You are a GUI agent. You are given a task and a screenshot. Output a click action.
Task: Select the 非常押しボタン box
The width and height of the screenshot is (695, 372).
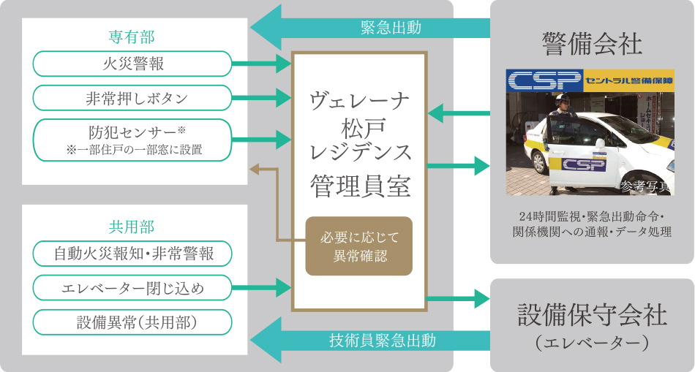132,98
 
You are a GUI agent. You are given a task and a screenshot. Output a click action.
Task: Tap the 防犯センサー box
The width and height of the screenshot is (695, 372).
132,139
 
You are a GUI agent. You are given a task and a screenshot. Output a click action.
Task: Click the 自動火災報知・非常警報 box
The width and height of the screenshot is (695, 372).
132,254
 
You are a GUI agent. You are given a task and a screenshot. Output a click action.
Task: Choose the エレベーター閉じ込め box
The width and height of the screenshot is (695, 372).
132,288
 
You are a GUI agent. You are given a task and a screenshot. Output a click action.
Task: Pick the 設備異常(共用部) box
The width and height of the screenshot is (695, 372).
132,322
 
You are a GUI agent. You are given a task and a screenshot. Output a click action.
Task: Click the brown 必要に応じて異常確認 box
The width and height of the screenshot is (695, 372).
358,246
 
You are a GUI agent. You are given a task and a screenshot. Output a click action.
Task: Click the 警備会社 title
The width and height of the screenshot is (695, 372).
592,44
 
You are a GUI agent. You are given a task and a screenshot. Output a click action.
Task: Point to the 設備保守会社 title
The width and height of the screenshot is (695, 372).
592,315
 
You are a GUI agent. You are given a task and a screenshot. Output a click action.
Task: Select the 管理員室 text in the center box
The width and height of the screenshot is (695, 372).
358,185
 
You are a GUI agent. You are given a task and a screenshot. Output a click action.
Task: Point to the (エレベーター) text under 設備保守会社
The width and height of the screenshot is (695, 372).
592,342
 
